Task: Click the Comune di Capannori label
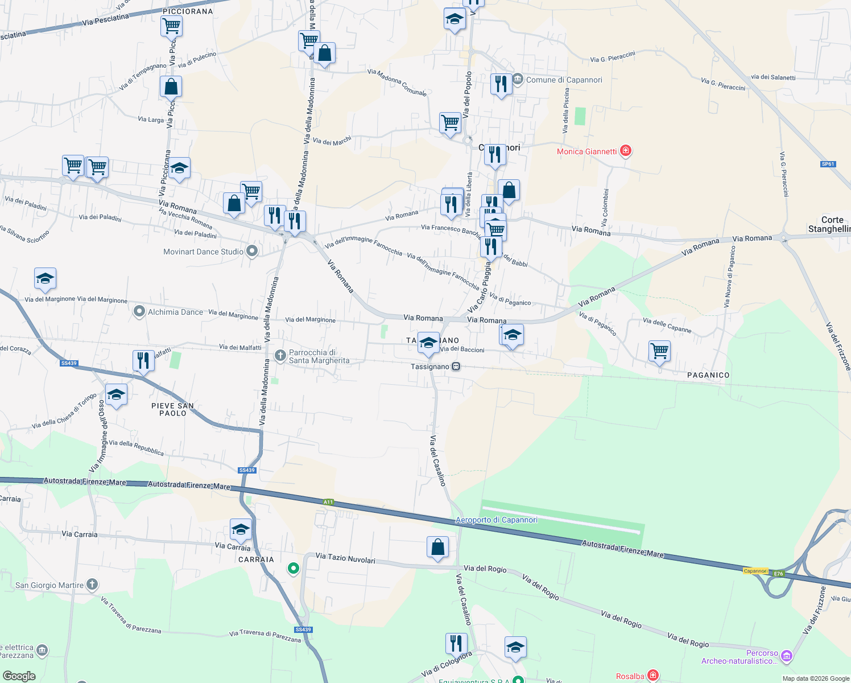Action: [564, 80]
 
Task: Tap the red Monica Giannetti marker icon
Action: [626, 151]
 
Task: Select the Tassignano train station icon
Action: [456, 367]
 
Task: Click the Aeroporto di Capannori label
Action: [496, 520]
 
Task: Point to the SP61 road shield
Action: [828, 164]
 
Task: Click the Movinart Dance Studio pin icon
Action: [252, 251]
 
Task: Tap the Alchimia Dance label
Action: [175, 312]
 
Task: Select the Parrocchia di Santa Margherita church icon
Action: [280, 356]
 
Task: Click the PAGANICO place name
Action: [708, 375]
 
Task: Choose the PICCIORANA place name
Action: [188, 11]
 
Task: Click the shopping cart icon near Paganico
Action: [659, 351]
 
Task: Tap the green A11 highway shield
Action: [328, 502]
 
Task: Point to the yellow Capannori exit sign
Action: [755, 571]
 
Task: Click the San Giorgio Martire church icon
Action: [92, 584]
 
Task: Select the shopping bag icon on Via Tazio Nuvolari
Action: [437, 547]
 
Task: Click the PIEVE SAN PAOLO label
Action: [172, 409]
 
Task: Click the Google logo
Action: [19, 676]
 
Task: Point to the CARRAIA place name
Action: [256, 559]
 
